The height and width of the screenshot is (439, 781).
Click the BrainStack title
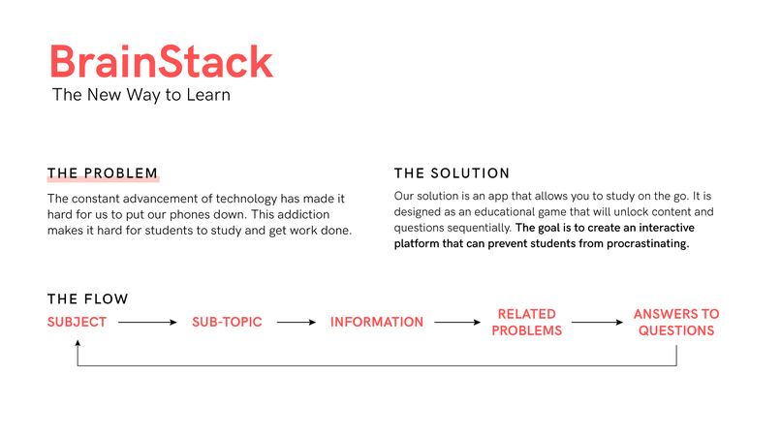tap(161, 62)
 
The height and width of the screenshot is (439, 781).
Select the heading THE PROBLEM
tap(102, 173)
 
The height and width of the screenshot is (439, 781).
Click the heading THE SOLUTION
tap(451, 173)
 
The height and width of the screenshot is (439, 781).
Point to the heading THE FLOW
tap(87, 299)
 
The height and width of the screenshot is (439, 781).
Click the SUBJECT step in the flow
tap(77, 322)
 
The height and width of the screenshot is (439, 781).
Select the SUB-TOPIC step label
tap(227, 322)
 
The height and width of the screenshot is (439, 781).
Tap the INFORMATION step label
tap(376, 322)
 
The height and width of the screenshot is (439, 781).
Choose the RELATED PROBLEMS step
tap(526, 322)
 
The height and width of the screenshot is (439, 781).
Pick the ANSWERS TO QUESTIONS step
tap(675, 322)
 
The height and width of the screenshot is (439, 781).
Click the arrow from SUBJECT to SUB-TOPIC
tap(148, 322)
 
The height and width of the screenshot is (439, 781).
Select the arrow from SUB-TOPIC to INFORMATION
tap(296, 322)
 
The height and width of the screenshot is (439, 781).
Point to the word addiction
tap(303, 214)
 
